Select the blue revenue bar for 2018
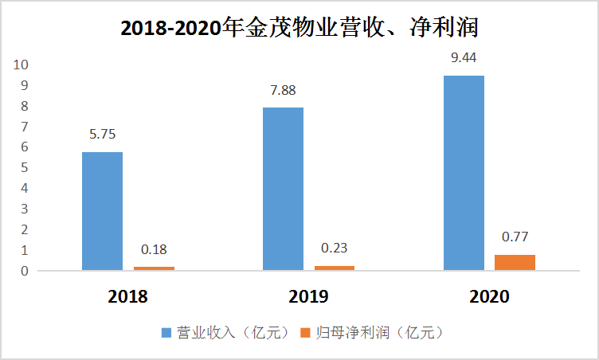[x=102, y=211]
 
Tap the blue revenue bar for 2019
[x=283, y=190]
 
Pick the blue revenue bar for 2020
[x=464, y=173]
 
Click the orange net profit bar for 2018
[x=154, y=268]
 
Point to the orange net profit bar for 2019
[x=335, y=268]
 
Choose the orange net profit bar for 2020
[x=515, y=262]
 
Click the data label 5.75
[x=102, y=135]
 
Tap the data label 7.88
[x=283, y=90]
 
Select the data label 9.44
[x=464, y=58]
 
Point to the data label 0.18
[x=154, y=249]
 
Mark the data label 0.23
[x=335, y=248]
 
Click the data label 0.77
[x=515, y=237]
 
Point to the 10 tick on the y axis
[x=22, y=65]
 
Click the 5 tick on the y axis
[x=25, y=168]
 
